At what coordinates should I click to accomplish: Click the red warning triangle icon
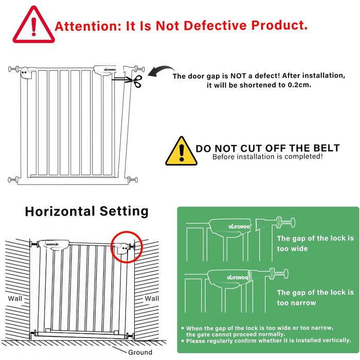(x=33, y=25)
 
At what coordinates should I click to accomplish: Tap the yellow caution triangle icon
(x=182, y=151)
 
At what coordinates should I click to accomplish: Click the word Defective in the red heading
(x=215, y=25)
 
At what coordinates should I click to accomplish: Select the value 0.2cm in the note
(x=299, y=85)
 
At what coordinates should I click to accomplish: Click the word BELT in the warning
(x=326, y=148)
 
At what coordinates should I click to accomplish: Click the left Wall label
(x=15, y=298)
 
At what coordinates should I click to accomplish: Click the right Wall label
(x=152, y=298)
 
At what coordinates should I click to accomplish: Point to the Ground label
(x=140, y=352)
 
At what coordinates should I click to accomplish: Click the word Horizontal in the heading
(x=60, y=211)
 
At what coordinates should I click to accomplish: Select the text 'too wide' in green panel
(x=292, y=248)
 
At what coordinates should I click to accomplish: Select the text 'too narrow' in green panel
(x=296, y=303)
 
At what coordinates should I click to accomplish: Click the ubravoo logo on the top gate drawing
(x=110, y=69)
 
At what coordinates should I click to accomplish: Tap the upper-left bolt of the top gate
(x=14, y=68)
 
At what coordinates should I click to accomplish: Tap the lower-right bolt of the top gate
(x=133, y=179)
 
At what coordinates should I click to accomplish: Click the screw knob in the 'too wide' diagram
(x=285, y=222)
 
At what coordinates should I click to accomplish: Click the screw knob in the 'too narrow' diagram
(x=279, y=274)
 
